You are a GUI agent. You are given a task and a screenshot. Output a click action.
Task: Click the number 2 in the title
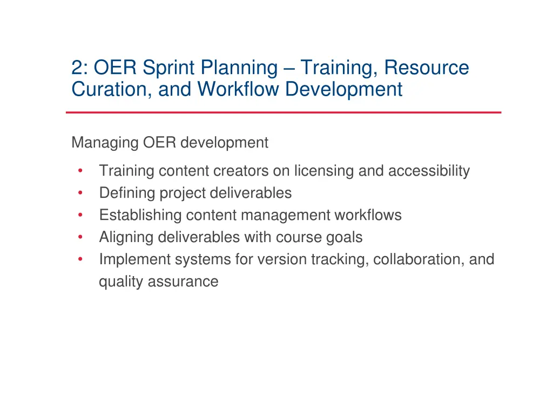[x=77, y=68]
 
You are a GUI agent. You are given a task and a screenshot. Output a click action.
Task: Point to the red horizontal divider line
[x=284, y=112]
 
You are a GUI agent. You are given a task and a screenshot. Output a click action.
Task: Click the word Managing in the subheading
[x=97, y=143]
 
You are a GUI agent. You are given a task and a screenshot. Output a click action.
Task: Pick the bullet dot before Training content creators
[x=79, y=171]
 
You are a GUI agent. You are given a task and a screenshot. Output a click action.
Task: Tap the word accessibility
[x=429, y=171]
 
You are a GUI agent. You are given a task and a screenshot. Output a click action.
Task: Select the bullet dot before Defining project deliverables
[x=79, y=193]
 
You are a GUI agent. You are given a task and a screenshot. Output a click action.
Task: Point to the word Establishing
[x=140, y=215]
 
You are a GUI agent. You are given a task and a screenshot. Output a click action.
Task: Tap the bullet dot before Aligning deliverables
[x=79, y=237]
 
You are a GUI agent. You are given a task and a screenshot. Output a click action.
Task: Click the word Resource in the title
[x=427, y=68]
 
